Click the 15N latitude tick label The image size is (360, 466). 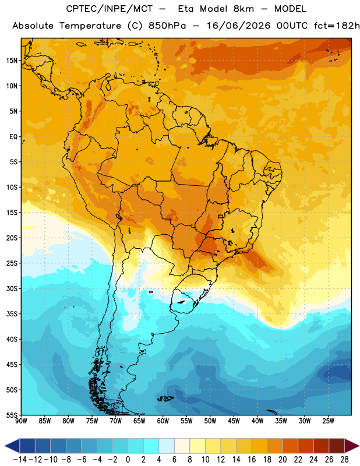click(x=12, y=61)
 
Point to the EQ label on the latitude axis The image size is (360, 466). click(x=13, y=137)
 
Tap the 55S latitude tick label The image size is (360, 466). click(x=12, y=415)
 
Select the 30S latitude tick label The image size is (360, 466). click(x=12, y=288)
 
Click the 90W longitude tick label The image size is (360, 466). click(x=22, y=421)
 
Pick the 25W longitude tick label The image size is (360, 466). click(x=328, y=421)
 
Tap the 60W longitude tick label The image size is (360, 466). click(x=163, y=421)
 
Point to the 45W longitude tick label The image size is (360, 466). click(x=234, y=421)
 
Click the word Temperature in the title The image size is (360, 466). click(x=90, y=26)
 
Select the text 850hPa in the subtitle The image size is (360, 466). click(x=167, y=26)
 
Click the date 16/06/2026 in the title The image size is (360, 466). click(x=238, y=26)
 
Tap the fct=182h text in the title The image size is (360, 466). click(x=337, y=26)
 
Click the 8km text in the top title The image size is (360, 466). click(x=243, y=9)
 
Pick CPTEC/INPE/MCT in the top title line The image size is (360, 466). click(x=110, y=9)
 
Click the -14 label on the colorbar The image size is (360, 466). click(x=20, y=460)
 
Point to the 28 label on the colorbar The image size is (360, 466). click(x=344, y=460)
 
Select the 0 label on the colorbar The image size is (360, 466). click(x=128, y=460)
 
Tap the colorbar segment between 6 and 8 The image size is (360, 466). click(x=182, y=446)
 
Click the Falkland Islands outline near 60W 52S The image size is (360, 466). click(x=165, y=399)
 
